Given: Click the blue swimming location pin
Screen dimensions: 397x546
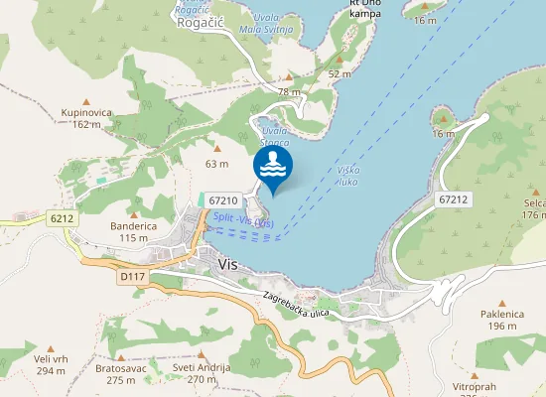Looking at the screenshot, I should tap(273, 167).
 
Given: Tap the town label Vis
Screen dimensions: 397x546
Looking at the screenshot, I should tap(228, 263).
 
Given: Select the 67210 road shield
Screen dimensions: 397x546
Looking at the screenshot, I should tap(223, 200).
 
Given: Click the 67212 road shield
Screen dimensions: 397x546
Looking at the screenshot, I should tap(451, 199).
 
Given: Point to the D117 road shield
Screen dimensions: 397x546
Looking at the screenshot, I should tap(132, 277).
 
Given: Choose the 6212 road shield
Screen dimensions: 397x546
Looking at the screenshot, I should tap(62, 217).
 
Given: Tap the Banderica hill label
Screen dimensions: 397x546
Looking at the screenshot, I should tap(134, 226).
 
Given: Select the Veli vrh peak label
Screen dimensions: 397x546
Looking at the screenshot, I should tap(50, 360).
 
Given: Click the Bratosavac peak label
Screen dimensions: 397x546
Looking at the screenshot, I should tap(121, 368).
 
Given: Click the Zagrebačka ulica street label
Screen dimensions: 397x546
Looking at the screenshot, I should tap(296, 304).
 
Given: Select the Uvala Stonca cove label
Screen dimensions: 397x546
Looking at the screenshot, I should tap(274, 136).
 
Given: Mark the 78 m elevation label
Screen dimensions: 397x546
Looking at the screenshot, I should tap(289, 92).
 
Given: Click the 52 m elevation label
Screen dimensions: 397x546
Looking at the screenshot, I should tap(341, 74).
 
